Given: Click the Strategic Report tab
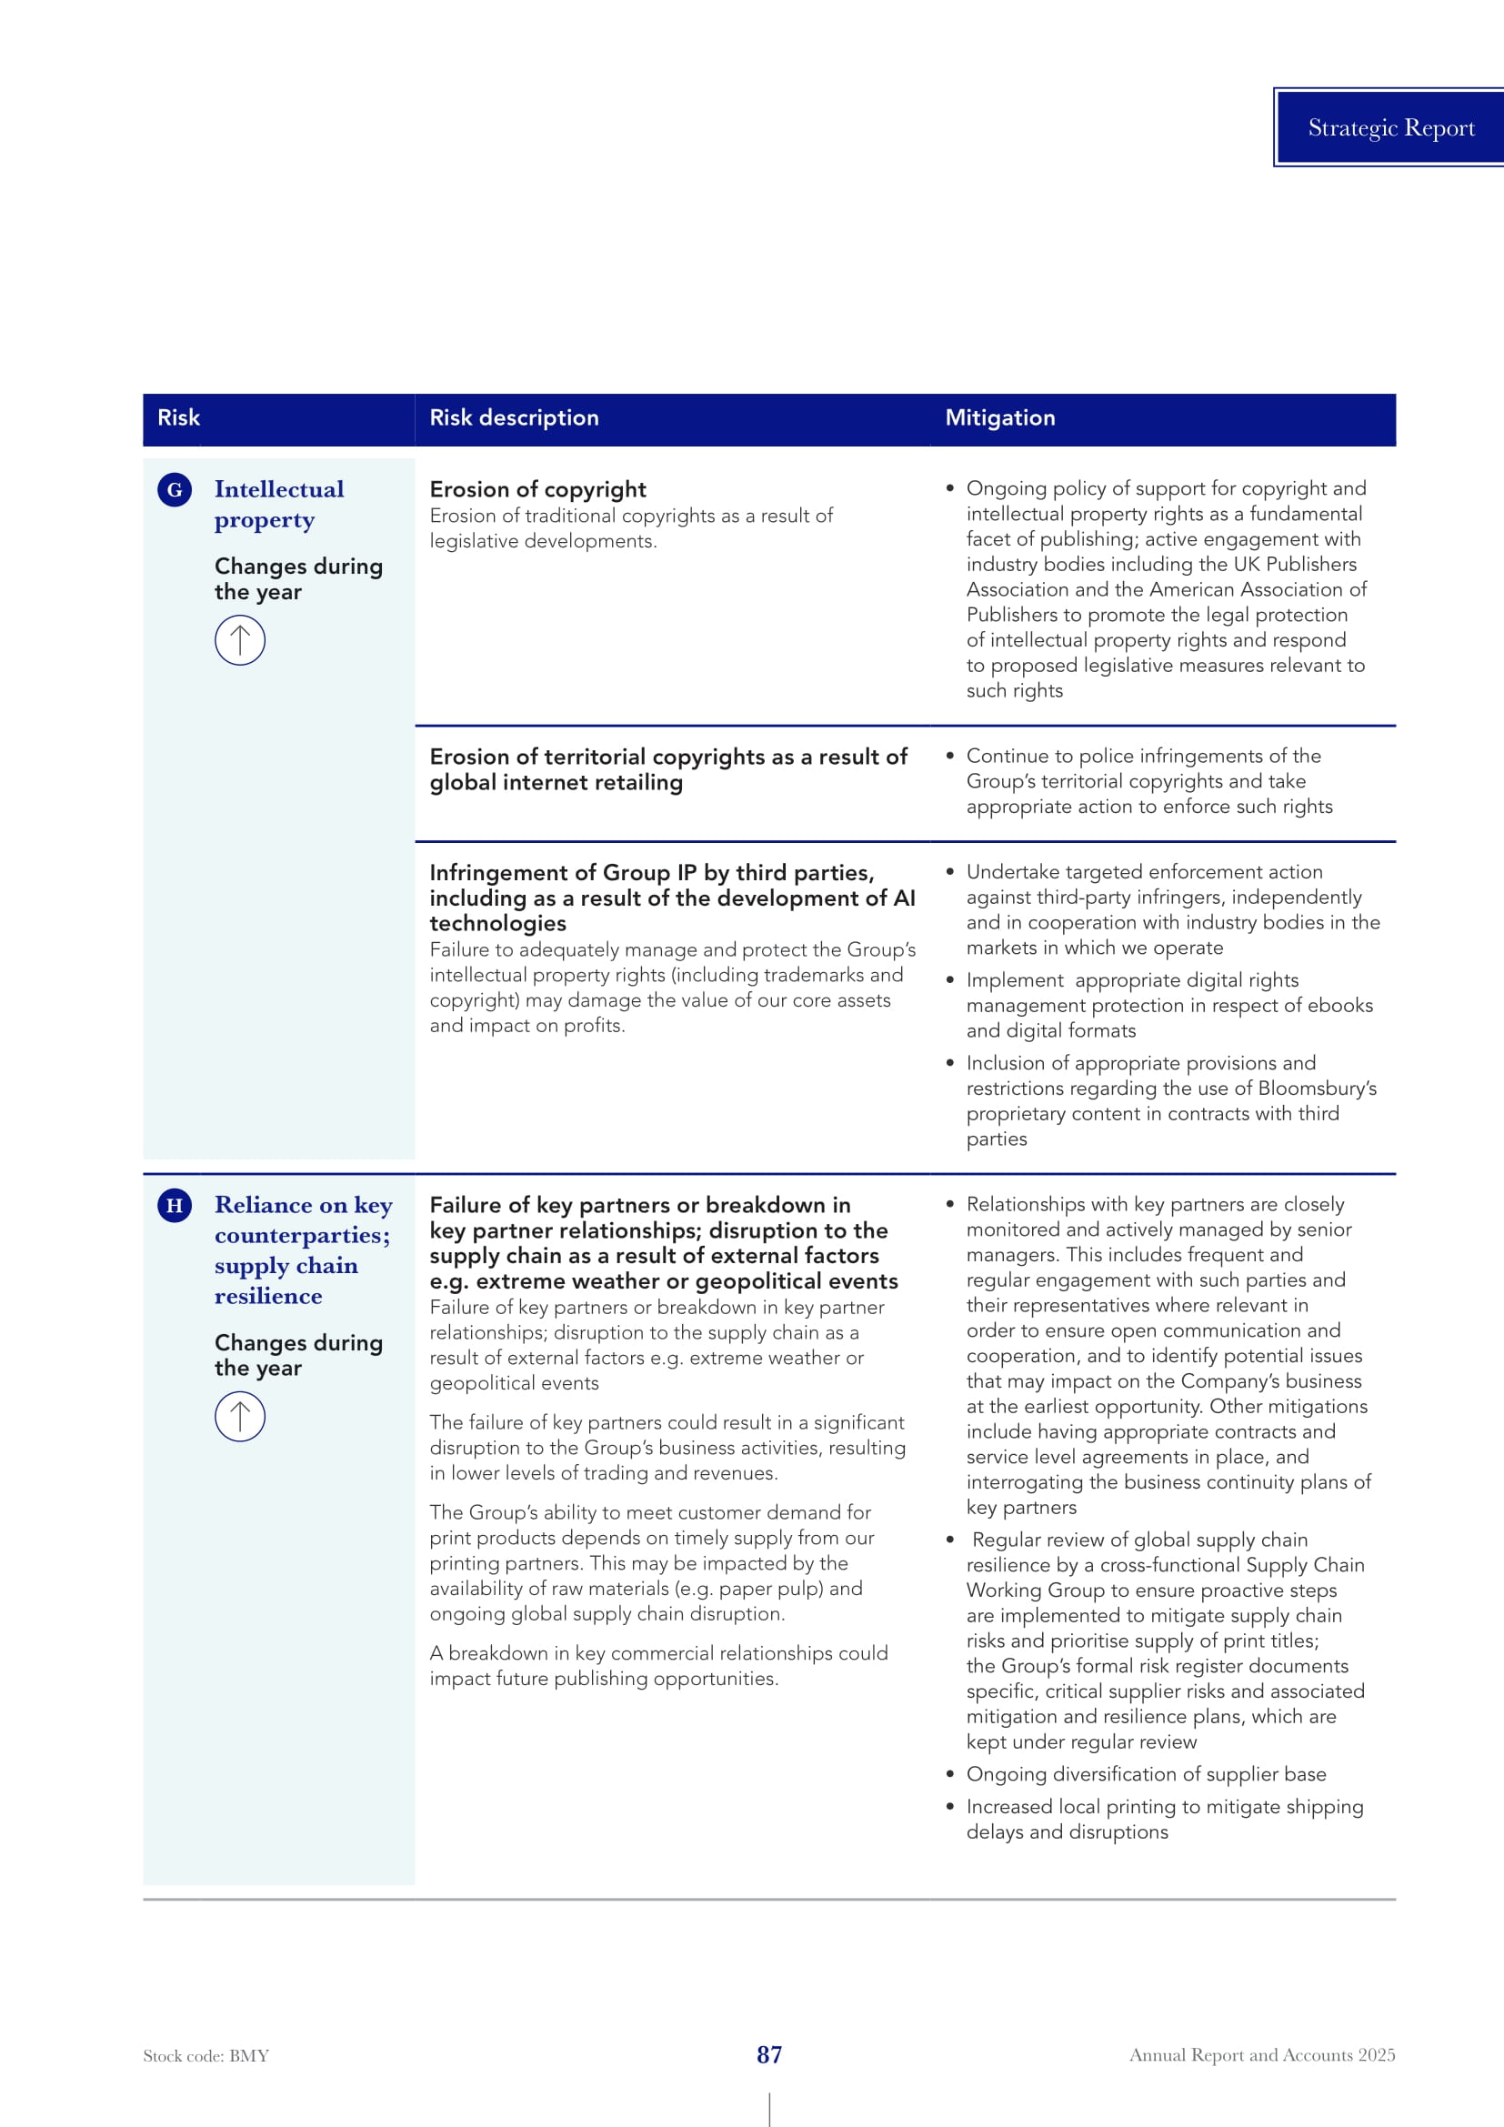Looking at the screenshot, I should coord(1390,128).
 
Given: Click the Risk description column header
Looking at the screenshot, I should coord(514,417).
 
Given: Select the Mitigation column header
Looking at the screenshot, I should coord(999,417).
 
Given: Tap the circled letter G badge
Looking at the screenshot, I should coord(174,489).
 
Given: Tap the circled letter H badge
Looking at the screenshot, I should coord(174,1205).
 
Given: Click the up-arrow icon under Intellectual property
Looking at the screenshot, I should coord(240,640).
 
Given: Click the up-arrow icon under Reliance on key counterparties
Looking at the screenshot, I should coord(240,1417).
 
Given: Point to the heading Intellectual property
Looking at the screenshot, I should coord(279,504).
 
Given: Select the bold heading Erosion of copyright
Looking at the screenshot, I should coord(537,489).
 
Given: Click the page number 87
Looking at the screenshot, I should coord(768,2055).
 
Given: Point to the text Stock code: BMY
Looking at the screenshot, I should coord(206,2056).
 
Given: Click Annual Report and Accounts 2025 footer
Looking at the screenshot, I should coord(1261,2055).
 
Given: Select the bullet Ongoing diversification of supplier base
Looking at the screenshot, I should coord(1146,1774).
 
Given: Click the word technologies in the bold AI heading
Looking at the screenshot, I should coord(497,924).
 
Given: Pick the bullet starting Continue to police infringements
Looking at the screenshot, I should coord(1148,781).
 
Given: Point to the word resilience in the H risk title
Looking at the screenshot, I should coord(268,1296).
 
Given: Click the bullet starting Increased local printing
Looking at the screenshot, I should coord(1164,1819).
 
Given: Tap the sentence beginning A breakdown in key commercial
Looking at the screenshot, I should coord(658,1666).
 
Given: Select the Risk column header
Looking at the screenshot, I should coord(179,417).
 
